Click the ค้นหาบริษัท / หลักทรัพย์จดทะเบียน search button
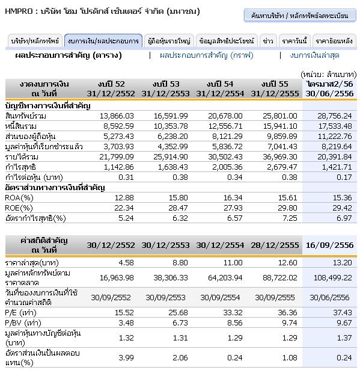point(300,15)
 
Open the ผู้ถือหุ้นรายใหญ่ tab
point(169,41)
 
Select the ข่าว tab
point(268,41)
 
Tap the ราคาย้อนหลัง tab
point(334,41)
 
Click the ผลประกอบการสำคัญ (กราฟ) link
point(207,55)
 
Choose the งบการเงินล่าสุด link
point(314,55)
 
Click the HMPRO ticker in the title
point(19,11)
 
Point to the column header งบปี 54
point(220,84)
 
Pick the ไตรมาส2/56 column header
point(330,84)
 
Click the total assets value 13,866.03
point(117,116)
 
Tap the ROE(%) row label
point(19,208)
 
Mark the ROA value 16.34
point(233,197)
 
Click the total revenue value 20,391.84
point(335,156)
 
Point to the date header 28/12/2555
point(275,245)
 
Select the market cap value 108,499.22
point(332,277)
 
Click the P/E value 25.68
point(178,312)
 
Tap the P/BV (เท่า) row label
point(23,322)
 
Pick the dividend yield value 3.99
point(126,357)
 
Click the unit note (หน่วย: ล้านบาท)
point(328,75)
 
